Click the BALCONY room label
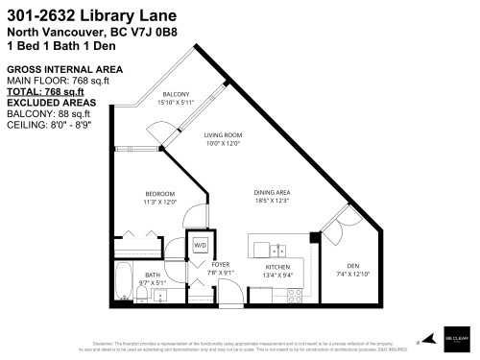(x=176, y=94)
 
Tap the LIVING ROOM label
(x=222, y=136)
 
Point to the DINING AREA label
(x=272, y=193)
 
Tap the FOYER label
(x=221, y=264)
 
